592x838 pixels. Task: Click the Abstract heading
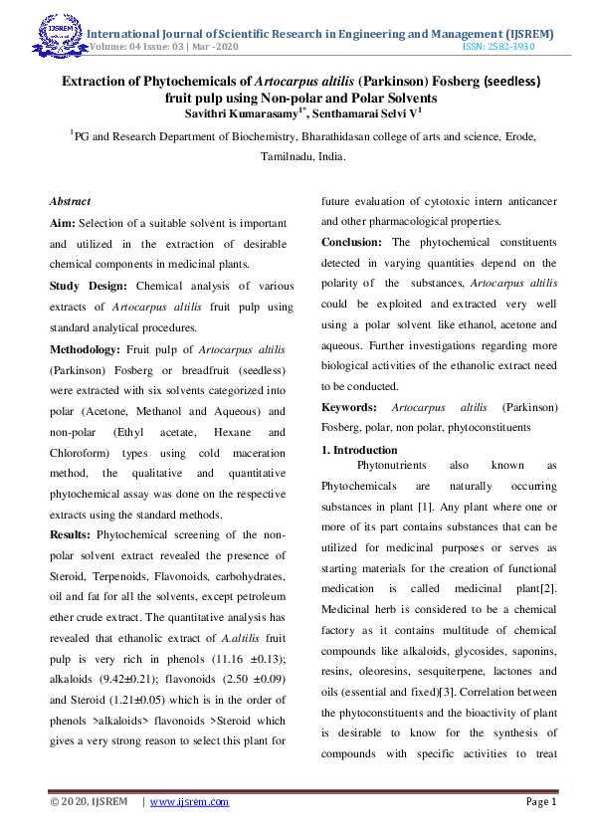point(70,201)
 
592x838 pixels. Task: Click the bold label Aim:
point(63,224)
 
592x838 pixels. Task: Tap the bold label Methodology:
point(85,349)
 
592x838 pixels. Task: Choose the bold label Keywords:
point(348,408)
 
